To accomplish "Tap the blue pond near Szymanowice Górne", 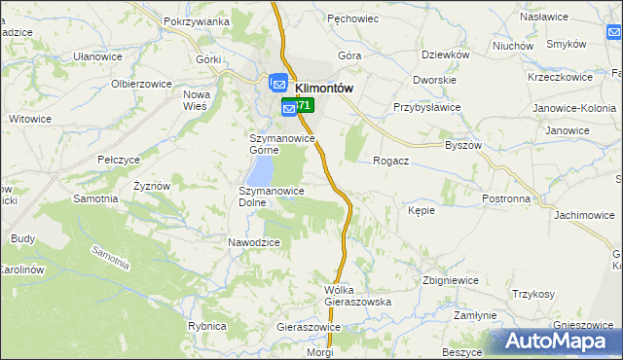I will point(260,171).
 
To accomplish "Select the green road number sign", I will point(303,105).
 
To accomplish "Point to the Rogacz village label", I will point(390,162).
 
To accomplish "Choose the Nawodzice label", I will point(254,242).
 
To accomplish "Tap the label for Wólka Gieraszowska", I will point(357,296).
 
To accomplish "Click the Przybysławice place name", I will point(426,108).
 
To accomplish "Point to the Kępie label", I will point(421,209).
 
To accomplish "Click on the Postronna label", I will point(506,198).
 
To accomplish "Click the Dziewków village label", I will point(446,55).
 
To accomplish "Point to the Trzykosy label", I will point(533,294).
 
